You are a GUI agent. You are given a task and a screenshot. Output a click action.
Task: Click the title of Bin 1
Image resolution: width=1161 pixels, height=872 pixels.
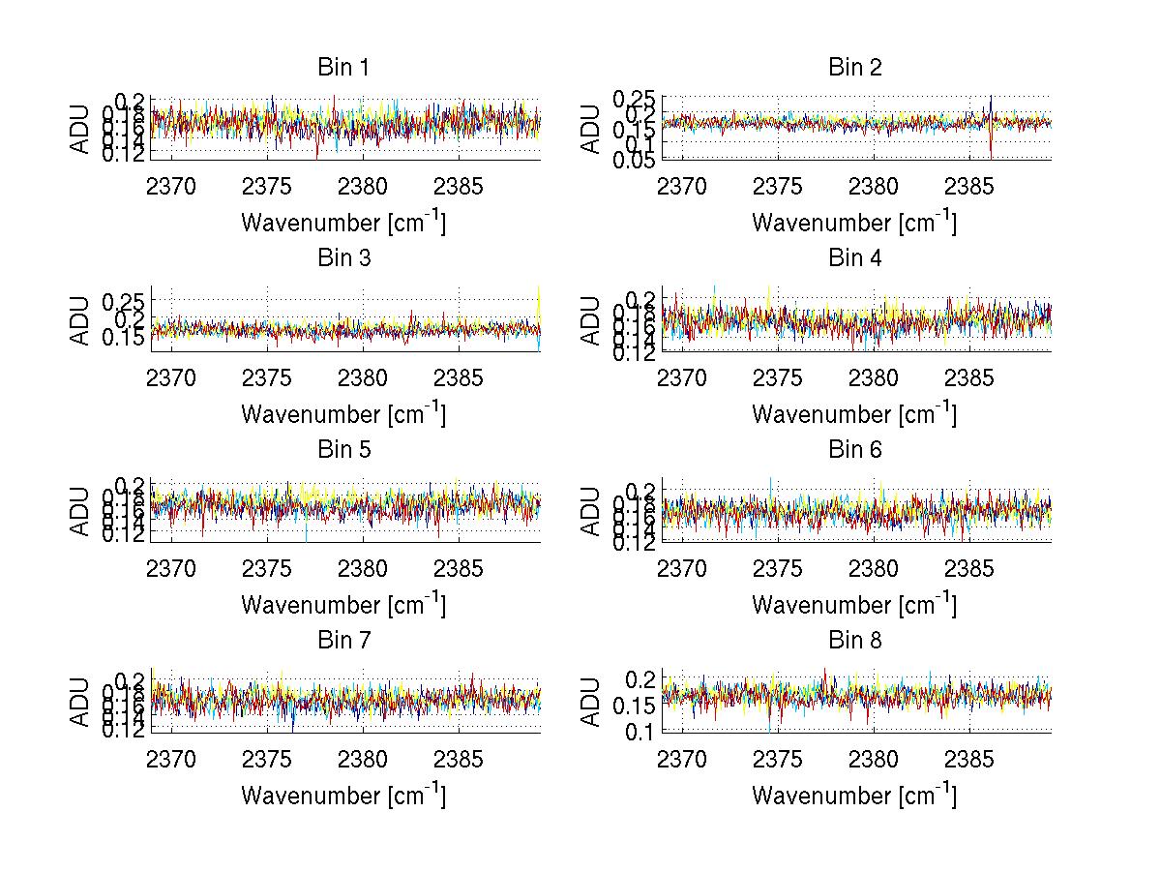[x=343, y=68]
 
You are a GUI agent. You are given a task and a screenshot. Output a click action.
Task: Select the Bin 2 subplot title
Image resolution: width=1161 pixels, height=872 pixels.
[x=855, y=68]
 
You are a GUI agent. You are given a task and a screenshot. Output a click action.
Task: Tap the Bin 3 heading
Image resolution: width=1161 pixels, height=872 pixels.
[x=343, y=258]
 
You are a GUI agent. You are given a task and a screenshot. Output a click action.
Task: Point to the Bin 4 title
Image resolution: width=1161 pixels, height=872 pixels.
[x=855, y=258]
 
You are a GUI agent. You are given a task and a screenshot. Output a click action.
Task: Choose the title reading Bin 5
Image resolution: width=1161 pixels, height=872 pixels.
[x=343, y=450]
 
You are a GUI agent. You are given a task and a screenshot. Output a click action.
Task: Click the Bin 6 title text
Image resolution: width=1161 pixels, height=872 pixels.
[x=855, y=450]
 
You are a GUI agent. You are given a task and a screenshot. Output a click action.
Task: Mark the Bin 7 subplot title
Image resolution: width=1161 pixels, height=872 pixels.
[x=343, y=641]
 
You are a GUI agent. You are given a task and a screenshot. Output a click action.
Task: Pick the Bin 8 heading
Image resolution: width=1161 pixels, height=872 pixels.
[x=855, y=641]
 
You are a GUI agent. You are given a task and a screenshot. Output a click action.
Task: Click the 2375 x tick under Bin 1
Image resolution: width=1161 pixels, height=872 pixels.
[x=267, y=187]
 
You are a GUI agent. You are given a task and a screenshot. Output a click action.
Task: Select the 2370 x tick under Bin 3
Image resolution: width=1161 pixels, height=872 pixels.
[x=171, y=377]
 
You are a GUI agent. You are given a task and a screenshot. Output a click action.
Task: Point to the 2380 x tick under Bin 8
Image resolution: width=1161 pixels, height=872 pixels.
[x=874, y=760]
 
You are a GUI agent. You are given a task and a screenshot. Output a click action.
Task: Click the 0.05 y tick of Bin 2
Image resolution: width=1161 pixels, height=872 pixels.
[x=634, y=160]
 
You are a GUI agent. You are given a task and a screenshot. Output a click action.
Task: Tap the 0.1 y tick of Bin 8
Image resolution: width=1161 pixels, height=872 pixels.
[x=641, y=733]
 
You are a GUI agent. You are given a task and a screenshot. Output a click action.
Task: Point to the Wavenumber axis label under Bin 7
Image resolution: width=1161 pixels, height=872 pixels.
[x=343, y=796]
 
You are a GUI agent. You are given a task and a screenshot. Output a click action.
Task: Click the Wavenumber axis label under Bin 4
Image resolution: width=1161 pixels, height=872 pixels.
[x=855, y=414]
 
